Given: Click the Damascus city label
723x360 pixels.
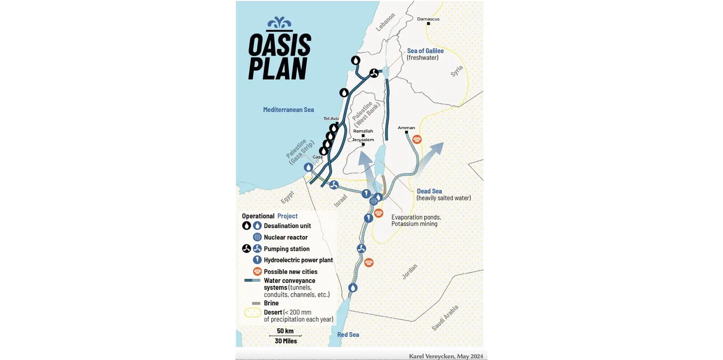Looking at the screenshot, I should point(428,19).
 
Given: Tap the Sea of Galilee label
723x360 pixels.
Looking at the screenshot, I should point(425,51).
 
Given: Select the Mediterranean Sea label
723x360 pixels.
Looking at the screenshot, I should point(288,110).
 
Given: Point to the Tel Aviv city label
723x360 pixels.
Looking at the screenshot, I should point(331,119).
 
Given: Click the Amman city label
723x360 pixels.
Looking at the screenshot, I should point(406,128).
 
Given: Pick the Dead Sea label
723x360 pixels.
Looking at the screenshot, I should point(429,191).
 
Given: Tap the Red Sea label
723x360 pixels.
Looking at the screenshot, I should point(348,334).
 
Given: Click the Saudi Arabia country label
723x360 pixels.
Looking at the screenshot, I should point(445,318).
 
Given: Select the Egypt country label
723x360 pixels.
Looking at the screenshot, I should point(287,197).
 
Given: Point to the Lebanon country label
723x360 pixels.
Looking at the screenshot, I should point(385,22).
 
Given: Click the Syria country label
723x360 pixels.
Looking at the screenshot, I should point(456,71).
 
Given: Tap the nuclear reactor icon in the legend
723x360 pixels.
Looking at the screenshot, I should point(257,237).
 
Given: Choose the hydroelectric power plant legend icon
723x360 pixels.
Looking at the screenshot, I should point(257,260).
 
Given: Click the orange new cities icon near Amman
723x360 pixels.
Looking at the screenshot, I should point(417,139).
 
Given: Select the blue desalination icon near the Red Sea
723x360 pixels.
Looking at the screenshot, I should point(353,288).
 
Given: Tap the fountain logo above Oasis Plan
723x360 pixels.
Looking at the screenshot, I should point(279,23).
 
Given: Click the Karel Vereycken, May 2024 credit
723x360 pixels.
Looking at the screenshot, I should point(446,356).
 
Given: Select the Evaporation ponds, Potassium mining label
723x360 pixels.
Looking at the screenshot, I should point(416,220).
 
